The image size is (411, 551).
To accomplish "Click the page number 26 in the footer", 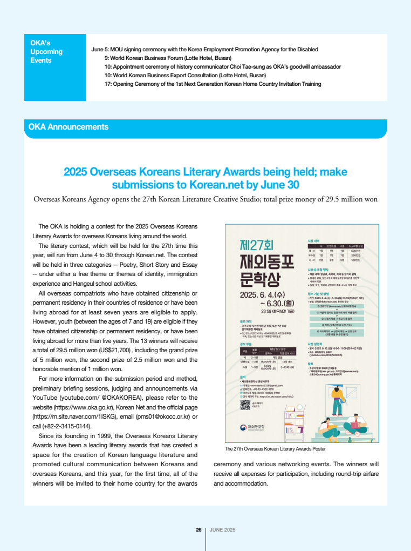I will pyautogui.click(x=198, y=530).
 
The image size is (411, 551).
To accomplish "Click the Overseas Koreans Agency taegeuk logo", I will pyautogui.click(x=243, y=443).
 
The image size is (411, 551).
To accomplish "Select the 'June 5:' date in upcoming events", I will pyautogui.click(x=100, y=49).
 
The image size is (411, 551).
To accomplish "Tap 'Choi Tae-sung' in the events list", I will pyautogui.click(x=236, y=66).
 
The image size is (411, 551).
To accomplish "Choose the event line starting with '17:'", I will pyautogui.click(x=213, y=84).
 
